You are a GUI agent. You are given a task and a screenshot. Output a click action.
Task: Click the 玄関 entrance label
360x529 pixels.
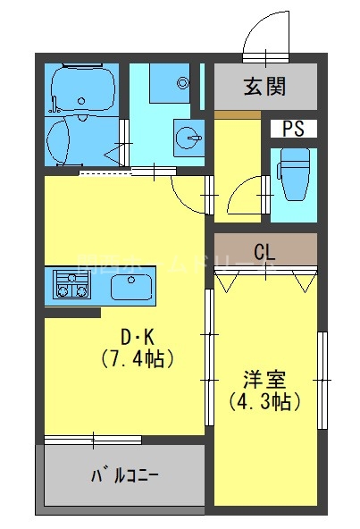coord(265,87)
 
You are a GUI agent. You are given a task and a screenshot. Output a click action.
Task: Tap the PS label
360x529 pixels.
coord(294,129)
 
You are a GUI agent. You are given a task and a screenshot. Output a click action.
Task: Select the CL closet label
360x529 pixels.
coord(264,251)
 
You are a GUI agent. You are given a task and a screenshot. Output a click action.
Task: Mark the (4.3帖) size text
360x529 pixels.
coord(264,400)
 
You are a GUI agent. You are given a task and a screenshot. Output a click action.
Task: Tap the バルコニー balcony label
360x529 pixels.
coord(124,474)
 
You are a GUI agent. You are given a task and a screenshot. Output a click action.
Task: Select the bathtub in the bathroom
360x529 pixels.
coord(83,88)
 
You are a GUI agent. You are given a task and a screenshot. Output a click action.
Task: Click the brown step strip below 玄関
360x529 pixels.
coord(238,114)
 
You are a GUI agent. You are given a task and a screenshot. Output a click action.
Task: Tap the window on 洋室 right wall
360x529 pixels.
coord(322,379)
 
